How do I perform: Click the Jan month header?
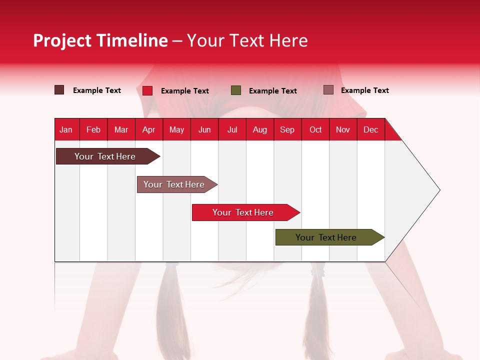pyautogui.click(x=66, y=129)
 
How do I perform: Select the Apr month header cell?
pyautogui.click(x=148, y=129)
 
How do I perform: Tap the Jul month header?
pyautogui.click(x=232, y=129)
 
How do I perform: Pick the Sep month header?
pyautogui.click(x=287, y=129)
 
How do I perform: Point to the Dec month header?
pyautogui.click(x=370, y=129)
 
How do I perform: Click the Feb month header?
pyautogui.click(x=93, y=129)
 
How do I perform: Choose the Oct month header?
pyautogui.click(x=315, y=129)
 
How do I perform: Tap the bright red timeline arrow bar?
pyautogui.click(x=243, y=212)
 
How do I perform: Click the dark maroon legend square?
pyautogui.click(x=59, y=90)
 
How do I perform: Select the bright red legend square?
pyautogui.click(x=147, y=90)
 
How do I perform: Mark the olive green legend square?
pyautogui.click(x=236, y=90)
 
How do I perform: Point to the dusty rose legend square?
pyautogui.click(x=328, y=90)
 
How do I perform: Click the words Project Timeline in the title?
pyautogui.click(x=100, y=40)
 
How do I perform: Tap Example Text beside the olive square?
pyautogui.click(x=273, y=91)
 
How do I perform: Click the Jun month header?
pyautogui.click(x=204, y=129)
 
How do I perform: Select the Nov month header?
pyautogui.click(x=343, y=129)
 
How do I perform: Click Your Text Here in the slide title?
pyautogui.click(x=247, y=40)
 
